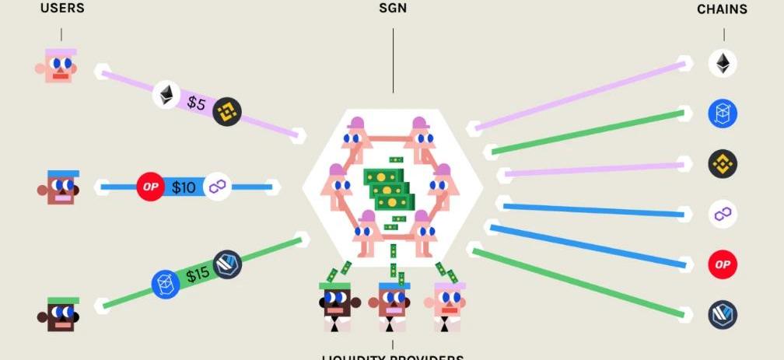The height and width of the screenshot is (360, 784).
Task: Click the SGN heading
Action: tap(393, 9)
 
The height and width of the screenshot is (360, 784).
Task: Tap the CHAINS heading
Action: tap(722, 9)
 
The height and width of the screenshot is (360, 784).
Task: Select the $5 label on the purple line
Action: tap(196, 103)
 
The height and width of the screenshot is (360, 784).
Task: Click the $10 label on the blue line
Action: tap(184, 187)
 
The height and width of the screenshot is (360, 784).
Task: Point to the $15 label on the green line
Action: tap(198, 274)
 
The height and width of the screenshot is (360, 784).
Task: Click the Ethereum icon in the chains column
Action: tap(723, 63)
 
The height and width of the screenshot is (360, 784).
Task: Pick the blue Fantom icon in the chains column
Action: tap(723, 114)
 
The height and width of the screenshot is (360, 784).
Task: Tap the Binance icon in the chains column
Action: tap(723, 164)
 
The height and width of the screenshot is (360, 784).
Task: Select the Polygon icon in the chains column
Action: tap(723, 214)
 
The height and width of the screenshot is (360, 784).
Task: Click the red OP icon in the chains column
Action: tap(723, 264)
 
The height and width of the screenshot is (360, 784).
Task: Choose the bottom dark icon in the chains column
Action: tap(723, 315)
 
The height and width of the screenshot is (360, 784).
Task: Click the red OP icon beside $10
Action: tap(150, 187)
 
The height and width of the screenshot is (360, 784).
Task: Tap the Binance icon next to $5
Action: tap(227, 113)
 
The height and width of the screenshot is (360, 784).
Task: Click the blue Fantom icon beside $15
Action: tap(166, 283)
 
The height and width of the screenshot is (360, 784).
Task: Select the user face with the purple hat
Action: tap(59, 67)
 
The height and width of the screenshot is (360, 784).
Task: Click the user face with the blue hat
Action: tap(61, 187)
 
